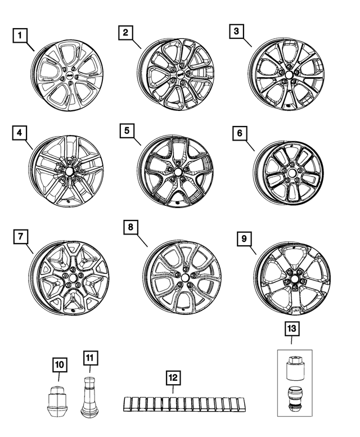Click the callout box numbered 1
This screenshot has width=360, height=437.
tap(21, 37)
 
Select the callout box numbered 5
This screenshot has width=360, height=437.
tap(128, 130)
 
